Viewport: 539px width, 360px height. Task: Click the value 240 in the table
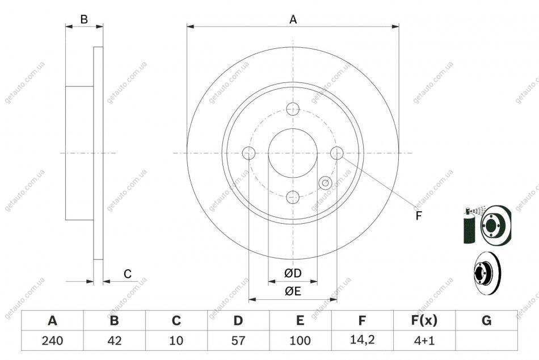point(53,341)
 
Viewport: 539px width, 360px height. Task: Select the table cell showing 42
point(115,341)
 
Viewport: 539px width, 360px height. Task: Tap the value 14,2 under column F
point(363,340)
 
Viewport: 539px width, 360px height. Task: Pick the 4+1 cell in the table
point(424,341)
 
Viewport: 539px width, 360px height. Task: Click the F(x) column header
point(424,320)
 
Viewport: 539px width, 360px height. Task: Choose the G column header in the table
point(486,320)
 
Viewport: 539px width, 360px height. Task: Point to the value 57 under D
point(238,341)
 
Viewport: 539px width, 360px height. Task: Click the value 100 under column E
point(300,341)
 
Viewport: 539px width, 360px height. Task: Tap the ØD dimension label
point(293,273)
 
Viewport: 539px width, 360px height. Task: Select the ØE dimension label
point(293,291)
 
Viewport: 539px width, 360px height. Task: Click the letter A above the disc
point(293,20)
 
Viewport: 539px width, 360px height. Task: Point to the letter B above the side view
point(84,19)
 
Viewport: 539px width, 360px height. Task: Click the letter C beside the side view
point(128,274)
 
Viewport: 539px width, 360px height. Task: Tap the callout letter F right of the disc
point(418,216)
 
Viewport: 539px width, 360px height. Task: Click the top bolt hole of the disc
point(293,109)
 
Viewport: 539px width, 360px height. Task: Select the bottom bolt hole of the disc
point(293,197)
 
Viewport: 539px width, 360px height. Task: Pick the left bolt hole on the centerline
point(249,153)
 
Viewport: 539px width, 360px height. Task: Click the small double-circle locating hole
point(325,183)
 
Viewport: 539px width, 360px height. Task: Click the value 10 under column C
point(176,341)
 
